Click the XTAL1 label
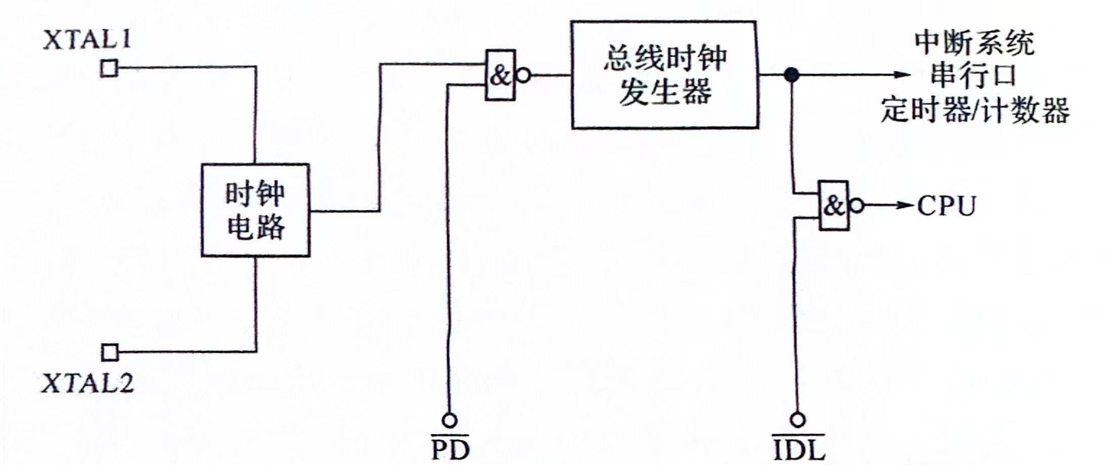87,40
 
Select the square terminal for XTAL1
109,68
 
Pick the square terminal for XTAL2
109,352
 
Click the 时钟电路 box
255,210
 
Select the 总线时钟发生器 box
664,75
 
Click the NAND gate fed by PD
500,75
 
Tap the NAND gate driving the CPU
834,206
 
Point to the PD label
450,449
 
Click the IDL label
799,449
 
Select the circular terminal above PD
449,420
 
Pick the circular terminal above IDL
798,420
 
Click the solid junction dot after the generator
791,75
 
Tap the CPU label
946,206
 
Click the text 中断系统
974,42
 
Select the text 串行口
973,75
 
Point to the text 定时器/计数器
974,109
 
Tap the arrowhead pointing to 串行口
903,75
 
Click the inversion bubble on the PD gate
523,76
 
